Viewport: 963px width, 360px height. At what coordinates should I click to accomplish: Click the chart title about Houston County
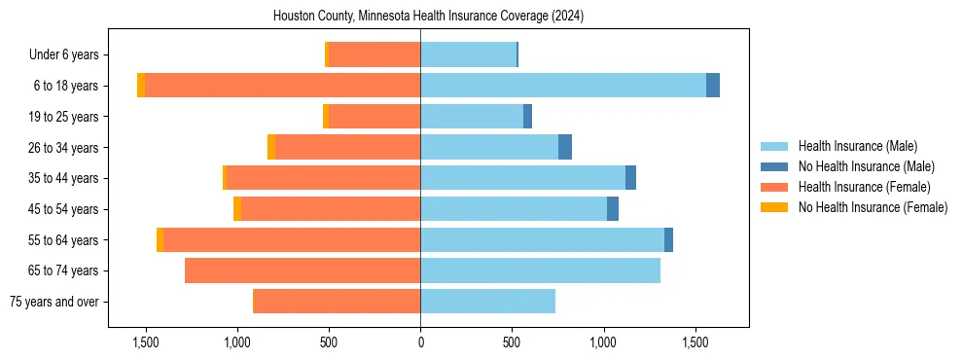click(x=428, y=16)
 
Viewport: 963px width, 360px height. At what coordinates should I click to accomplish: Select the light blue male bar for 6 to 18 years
click(x=563, y=86)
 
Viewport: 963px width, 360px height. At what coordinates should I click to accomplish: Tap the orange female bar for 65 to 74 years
click(x=303, y=270)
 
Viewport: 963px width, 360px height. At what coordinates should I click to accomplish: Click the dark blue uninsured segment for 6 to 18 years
click(x=713, y=86)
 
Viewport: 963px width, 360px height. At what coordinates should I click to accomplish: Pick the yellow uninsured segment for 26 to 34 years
click(x=271, y=147)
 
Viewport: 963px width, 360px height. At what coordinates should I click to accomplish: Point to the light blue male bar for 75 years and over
click(x=487, y=302)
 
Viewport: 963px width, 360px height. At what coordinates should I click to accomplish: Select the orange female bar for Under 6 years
click(x=374, y=54)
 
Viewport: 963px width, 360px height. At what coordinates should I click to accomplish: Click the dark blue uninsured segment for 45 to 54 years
click(x=613, y=209)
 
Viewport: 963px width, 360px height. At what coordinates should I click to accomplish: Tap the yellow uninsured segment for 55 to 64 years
click(x=160, y=239)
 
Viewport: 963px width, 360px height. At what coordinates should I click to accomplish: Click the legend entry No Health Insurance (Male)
click(x=866, y=166)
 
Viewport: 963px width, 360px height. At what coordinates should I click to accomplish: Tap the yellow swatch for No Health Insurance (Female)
click(x=774, y=207)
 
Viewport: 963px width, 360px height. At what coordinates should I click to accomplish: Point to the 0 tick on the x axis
click(x=420, y=342)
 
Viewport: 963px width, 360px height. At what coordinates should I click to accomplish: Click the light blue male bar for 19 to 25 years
click(x=472, y=117)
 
